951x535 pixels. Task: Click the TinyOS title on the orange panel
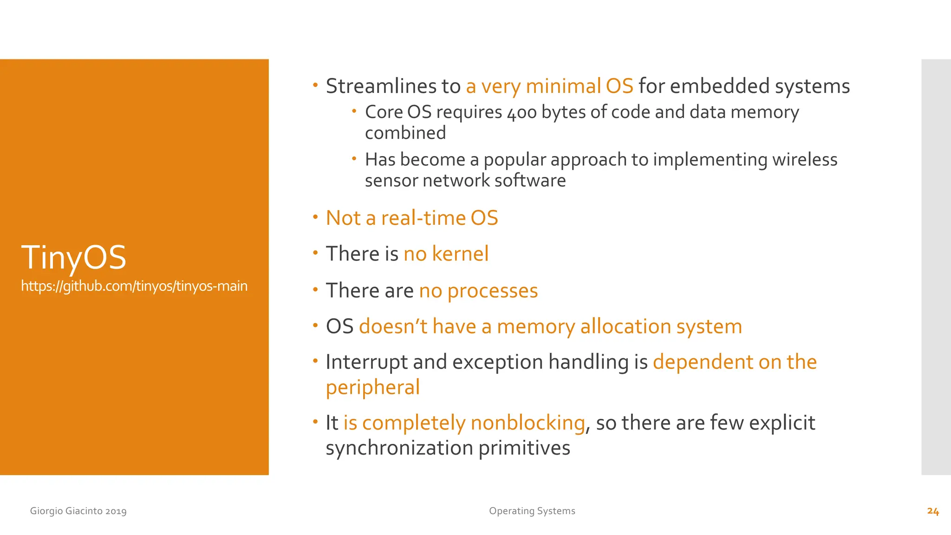73,258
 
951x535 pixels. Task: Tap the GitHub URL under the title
134,286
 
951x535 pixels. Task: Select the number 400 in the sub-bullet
521,113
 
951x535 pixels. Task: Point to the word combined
405,133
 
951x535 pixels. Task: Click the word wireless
805,160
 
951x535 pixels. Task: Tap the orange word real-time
423,218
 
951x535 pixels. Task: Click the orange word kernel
460,254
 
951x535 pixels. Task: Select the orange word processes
492,291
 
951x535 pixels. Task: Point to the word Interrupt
366,362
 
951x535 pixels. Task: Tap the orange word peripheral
373,387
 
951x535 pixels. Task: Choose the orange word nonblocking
528,423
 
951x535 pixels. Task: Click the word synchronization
399,448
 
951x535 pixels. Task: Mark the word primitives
524,448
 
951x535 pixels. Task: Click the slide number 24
933,511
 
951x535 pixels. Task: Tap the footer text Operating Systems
532,511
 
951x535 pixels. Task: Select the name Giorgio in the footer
46,511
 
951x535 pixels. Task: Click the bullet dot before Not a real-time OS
315,217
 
